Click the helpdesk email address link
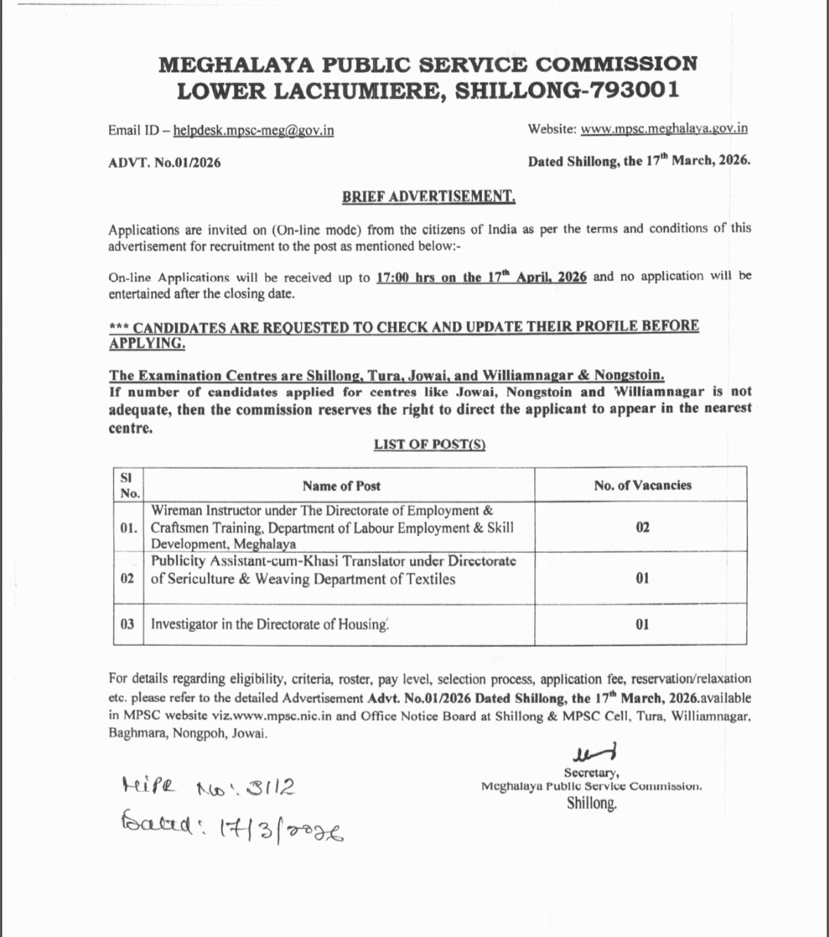click(253, 131)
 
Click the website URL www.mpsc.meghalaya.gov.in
click(664, 129)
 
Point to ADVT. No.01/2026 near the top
click(165, 163)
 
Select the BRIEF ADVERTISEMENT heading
click(428, 197)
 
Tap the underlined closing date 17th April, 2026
click(481, 277)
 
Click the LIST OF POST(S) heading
click(430, 445)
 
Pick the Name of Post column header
click(341, 485)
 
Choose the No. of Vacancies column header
click(642, 485)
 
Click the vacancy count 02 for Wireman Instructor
click(642, 528)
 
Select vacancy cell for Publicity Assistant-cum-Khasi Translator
click(642, 578)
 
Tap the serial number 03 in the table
click(127, 624)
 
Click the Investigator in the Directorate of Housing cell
click(269, 624)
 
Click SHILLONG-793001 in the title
click(566, 91)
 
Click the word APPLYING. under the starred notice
click(147, 343)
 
